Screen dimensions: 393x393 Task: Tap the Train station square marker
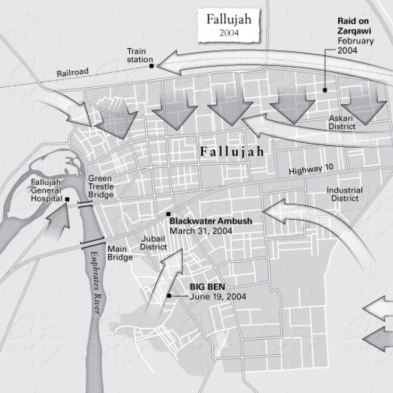(151, 66)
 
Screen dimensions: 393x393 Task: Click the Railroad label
(73, 73)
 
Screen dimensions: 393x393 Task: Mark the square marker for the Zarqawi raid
(325, 90)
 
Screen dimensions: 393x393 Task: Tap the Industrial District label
(344, 194)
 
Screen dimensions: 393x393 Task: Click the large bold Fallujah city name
(232, 152)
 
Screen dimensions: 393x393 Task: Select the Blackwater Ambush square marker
(168, 214)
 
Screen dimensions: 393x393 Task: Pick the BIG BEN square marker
(169, 296)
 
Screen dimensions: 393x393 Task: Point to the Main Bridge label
(120, 253)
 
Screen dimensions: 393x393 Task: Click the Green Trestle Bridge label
(100, 187)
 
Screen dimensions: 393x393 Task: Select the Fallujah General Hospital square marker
(67, 200)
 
